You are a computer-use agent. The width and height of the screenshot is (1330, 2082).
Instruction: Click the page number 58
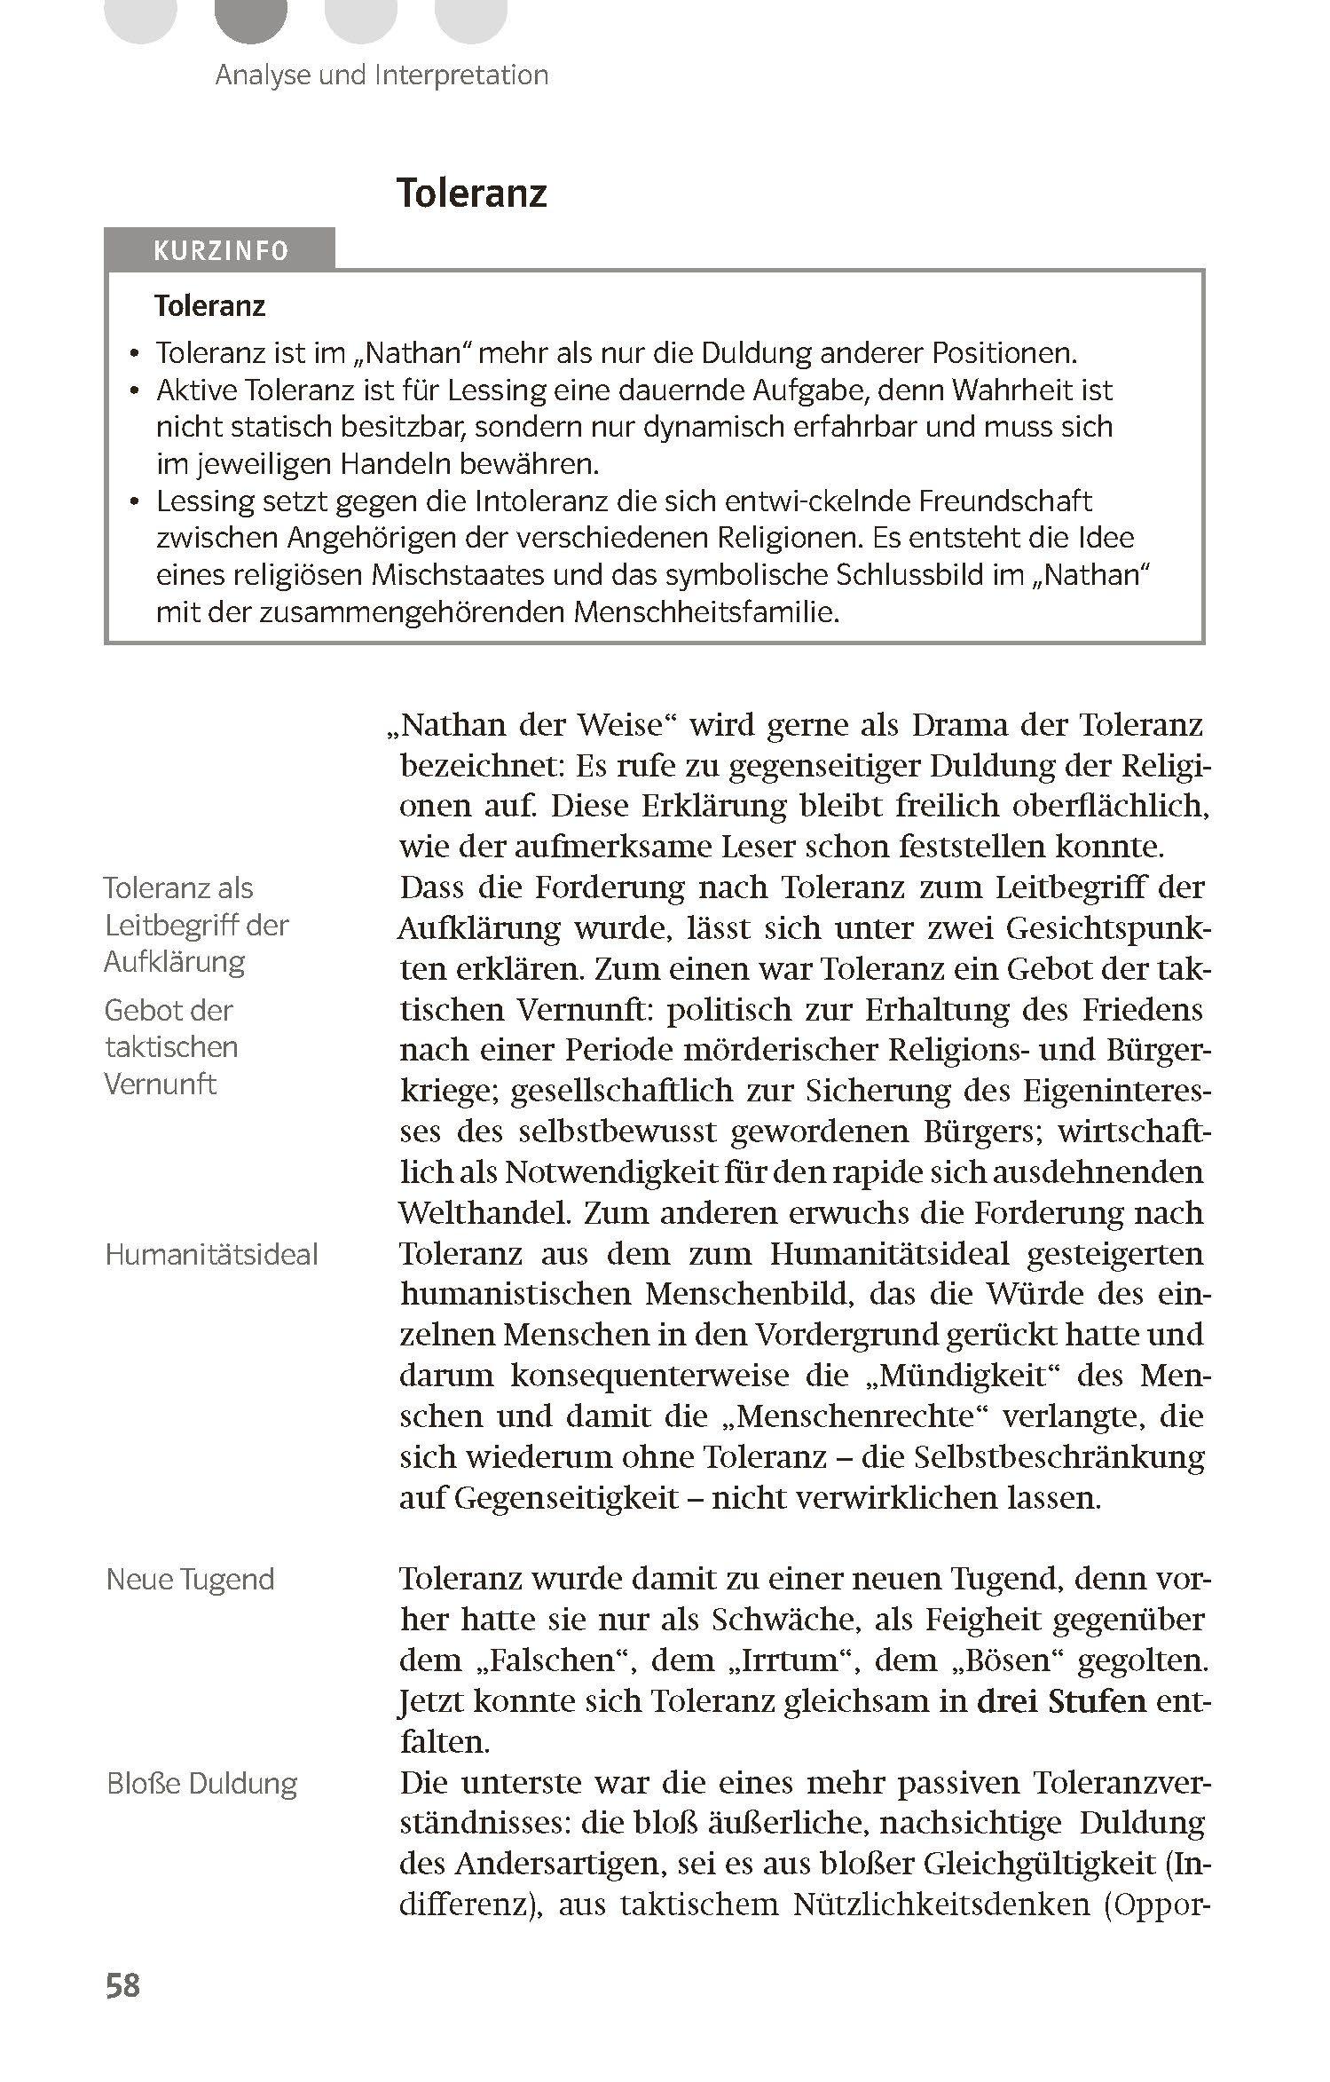pos(122,1984)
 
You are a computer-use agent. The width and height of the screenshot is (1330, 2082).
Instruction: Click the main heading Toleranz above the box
pos(471,193)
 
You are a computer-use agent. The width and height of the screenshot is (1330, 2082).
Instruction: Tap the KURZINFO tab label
pos(221,251)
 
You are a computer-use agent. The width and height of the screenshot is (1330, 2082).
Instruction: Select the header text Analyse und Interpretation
pos(382,75)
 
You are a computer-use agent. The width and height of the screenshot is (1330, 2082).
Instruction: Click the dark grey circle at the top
pos(252,18)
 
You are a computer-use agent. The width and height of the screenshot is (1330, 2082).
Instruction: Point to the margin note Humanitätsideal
pos(211,1254)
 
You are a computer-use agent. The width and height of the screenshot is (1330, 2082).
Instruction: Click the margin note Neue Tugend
pos(190,1578)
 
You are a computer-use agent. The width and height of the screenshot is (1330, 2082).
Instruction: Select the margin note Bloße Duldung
pos(201,1783)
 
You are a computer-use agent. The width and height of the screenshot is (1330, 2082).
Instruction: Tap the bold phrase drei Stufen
pos(1061,1700)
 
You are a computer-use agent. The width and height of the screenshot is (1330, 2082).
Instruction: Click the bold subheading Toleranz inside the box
pos(209,306)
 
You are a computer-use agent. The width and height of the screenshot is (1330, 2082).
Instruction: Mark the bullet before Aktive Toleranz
pos(134,391)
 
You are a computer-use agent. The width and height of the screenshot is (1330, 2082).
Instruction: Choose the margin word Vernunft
pos(160,1084)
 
